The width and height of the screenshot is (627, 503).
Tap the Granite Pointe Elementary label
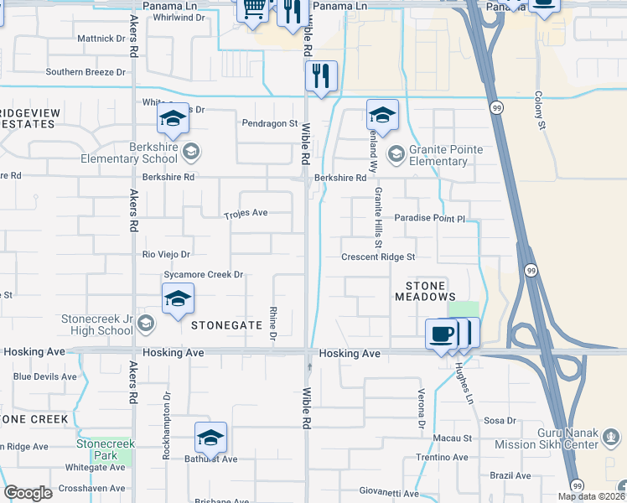tap(445, 155)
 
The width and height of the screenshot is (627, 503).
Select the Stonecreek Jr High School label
tap(96, 324)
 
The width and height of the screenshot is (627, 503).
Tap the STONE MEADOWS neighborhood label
tap(426, 292)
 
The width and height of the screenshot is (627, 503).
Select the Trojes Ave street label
tap(246, 213)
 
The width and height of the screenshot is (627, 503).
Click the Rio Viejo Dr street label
tap(167, 254)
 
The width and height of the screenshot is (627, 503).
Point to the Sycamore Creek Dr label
tap(203, 274)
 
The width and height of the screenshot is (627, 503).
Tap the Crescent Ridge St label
tap(379, 257)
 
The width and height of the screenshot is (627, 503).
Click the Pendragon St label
tap(270, 123)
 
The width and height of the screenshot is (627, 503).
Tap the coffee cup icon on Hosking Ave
tap(441, 334)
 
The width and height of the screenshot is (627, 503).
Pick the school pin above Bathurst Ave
tap(210, 437)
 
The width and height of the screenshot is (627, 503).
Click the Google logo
tap(28, 493)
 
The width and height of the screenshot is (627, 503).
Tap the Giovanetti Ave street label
tap(389, 493)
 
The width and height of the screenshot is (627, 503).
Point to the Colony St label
tap(541, 111)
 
